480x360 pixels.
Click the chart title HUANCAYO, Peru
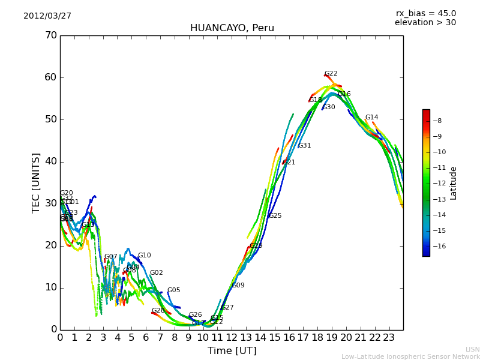[x=232, y=28]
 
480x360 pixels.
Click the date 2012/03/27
[x=47, y=16]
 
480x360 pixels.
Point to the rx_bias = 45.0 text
[x=425, y=13]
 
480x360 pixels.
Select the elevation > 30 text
[x=425, y=23]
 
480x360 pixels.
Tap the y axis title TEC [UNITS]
[x=36, y=182]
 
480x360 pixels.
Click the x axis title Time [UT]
[x=232, y=351]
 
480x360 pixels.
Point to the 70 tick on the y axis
[x=50, y=35]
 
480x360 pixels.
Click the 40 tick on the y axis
[x=50, y=161]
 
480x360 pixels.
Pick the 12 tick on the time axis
[x=232, y=338]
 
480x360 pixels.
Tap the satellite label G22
[x=331, y=74]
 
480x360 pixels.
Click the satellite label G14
[x=372, y=118]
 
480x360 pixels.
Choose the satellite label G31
[x=305, y=146]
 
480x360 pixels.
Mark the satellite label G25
[x=275, y=216]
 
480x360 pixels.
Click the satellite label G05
[x=174, y=290]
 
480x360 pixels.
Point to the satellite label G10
[x=145, y=256]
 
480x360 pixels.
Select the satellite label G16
[x=344, y=94]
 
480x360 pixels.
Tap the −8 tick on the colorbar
[x=437, y=121]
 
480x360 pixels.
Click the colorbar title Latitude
[x=454, y=183]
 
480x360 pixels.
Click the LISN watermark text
[x=473, y=349]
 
